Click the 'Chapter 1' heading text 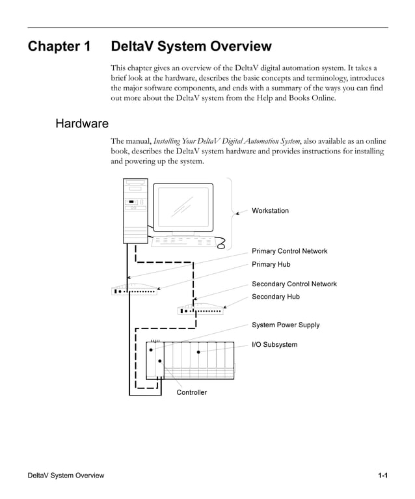(59, 47)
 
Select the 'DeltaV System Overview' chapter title (191, 47)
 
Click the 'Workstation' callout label (270, 211)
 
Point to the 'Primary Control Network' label (289, 251)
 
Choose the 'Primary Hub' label (271, 264)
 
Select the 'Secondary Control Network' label (294, 284)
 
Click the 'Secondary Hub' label (276, 297)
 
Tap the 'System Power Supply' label (286, 325)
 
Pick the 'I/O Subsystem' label (274, 344)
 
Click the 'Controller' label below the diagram (192, 392)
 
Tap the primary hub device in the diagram (135, 290)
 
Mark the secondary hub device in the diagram (200, 310)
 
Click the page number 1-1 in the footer (383, 476)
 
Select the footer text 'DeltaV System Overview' (66, 476)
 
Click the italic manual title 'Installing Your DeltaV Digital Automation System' (227, 141)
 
